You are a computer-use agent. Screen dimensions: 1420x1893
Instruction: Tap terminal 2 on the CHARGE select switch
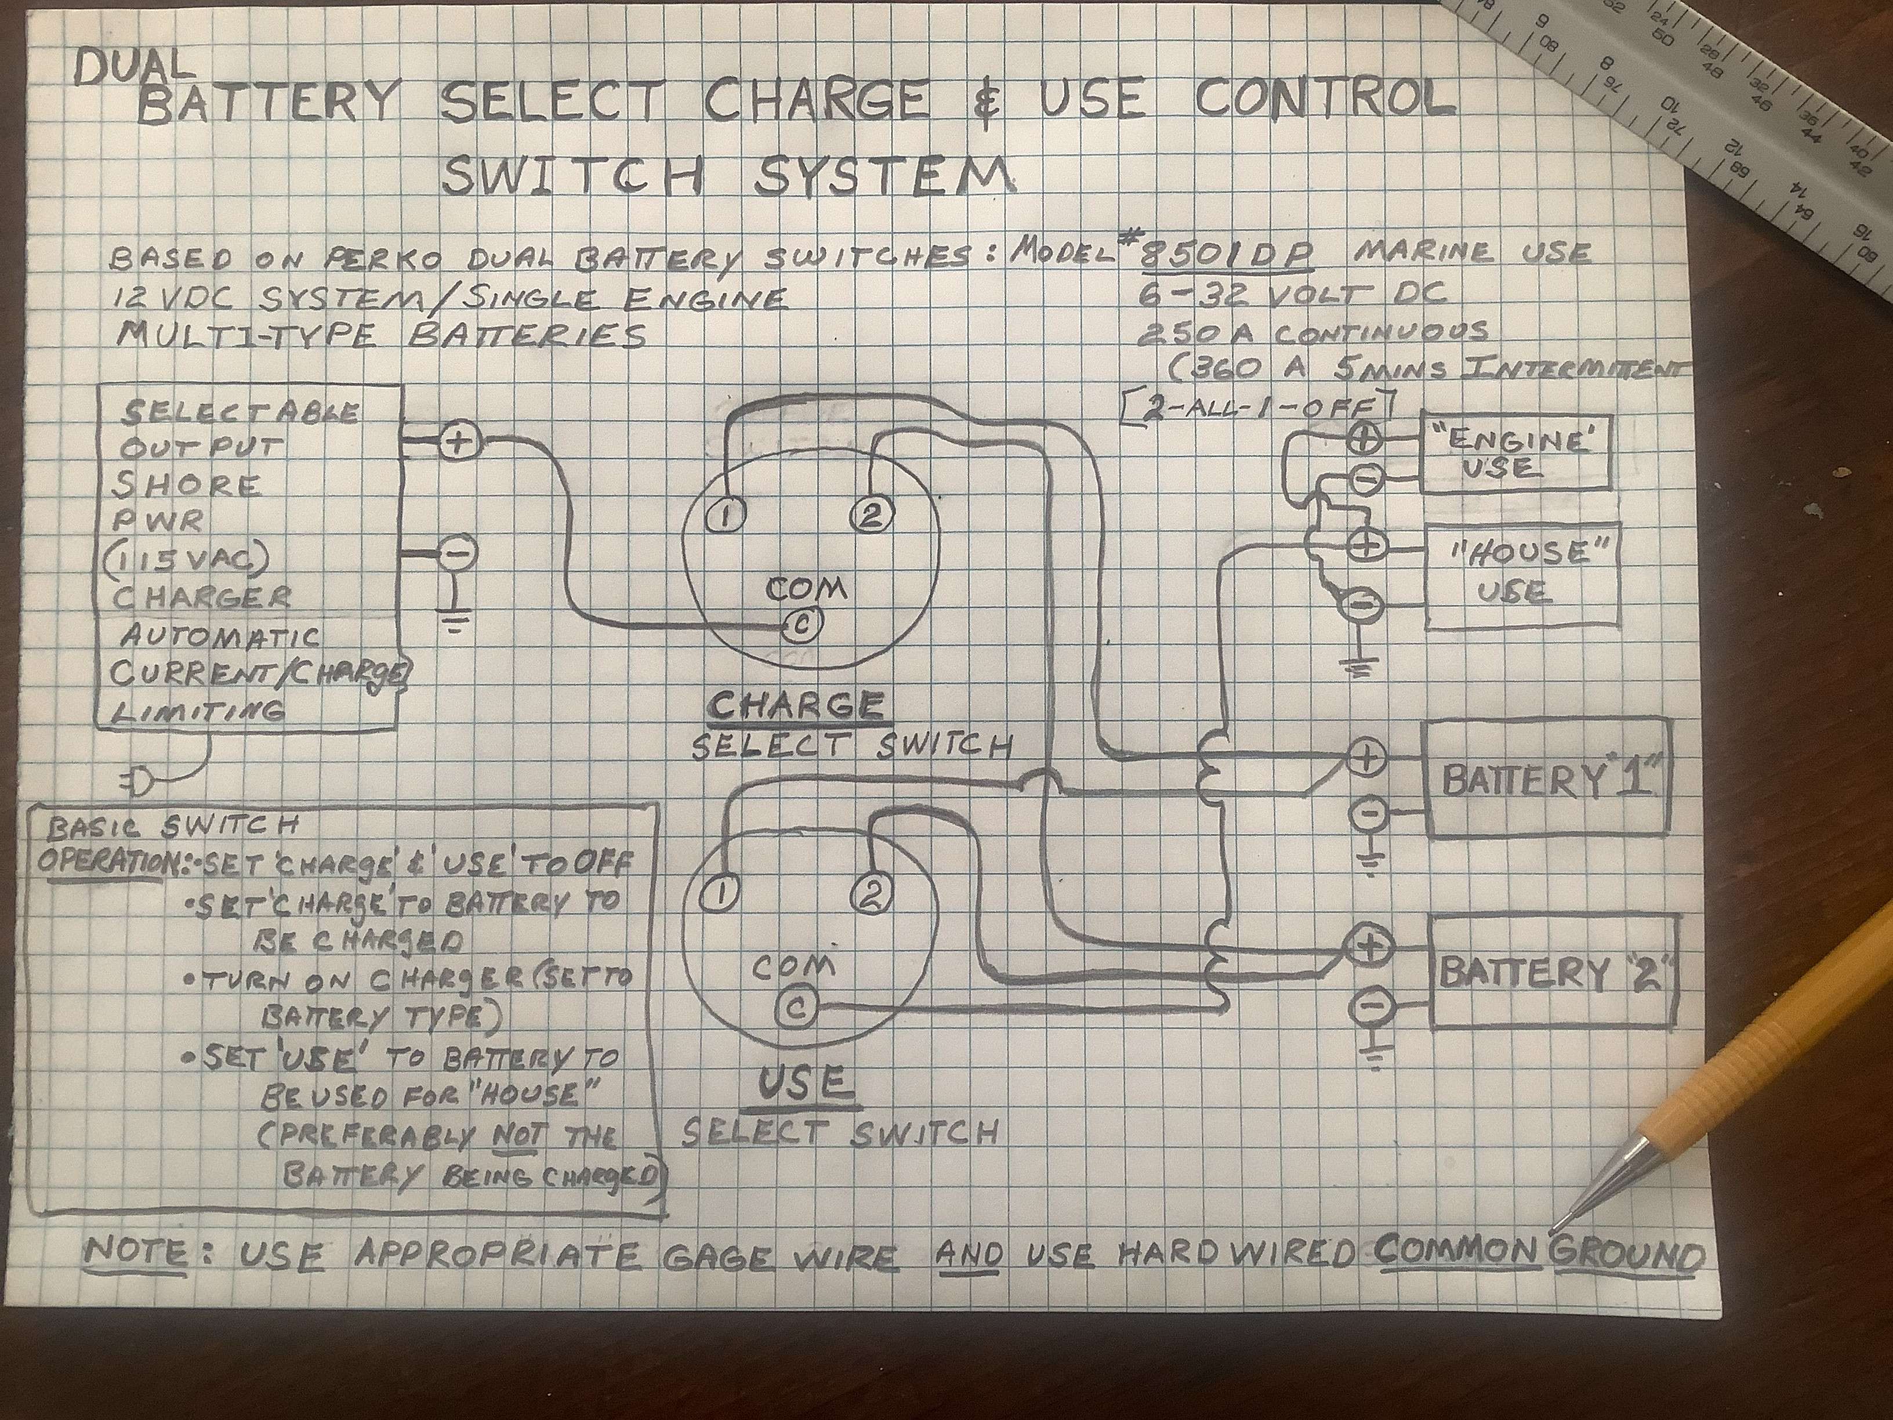pos(871,515)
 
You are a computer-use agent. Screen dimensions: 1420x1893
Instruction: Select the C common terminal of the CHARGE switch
pos(802,626)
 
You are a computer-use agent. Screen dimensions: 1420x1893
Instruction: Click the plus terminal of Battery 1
pos(1367,758)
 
